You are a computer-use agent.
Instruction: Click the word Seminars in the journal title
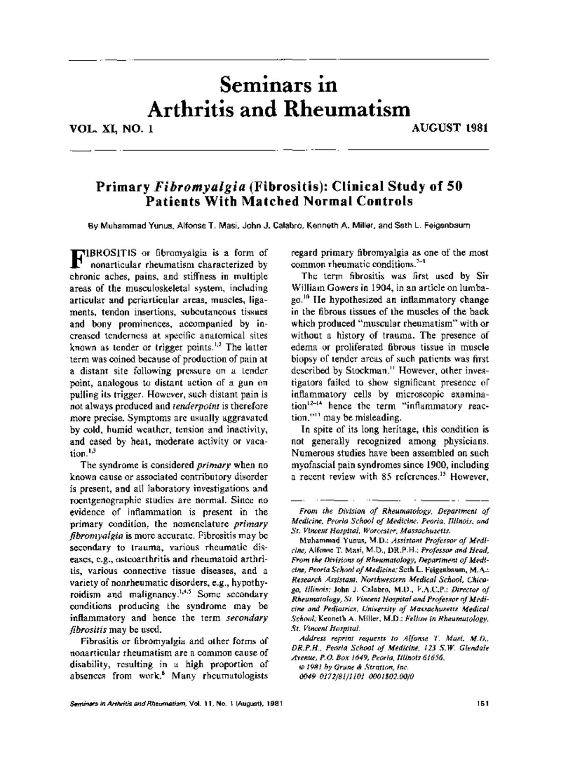[254, 86]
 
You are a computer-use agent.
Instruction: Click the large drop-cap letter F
[75, 258]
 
